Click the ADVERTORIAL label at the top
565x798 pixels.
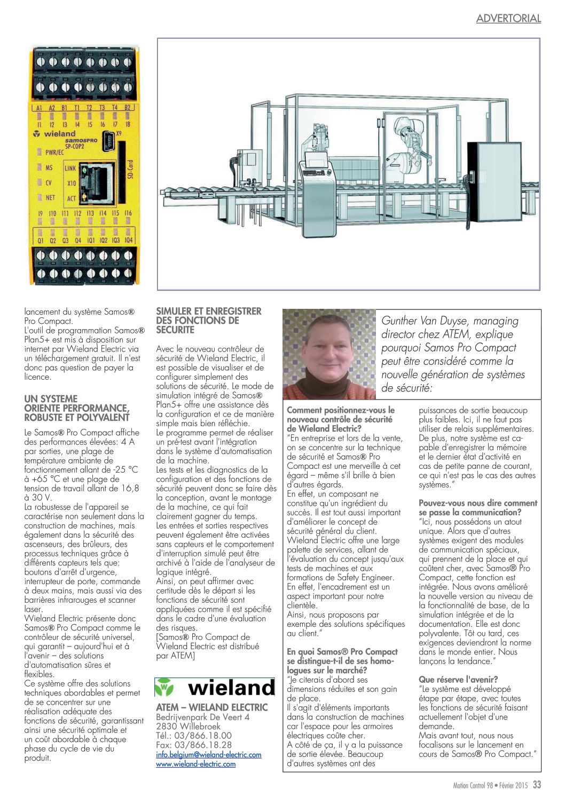(x=508, y=18)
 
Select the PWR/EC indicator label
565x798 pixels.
(x=54, y=152)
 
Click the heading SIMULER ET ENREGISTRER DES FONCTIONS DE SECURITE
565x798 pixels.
(x=209, y=321)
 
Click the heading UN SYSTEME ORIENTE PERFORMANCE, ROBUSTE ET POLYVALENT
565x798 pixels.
(x=77, y=408)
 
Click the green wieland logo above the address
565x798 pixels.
(x=215, y=688)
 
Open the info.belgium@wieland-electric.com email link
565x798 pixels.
(x=209, y=755)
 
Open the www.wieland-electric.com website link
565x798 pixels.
(x=195, y=764)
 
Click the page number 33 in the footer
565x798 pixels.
(x=537, y=785)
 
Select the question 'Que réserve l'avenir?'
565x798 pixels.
(x=458, y=679)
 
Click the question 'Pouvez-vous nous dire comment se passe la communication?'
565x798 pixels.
(x=477, y=507)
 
